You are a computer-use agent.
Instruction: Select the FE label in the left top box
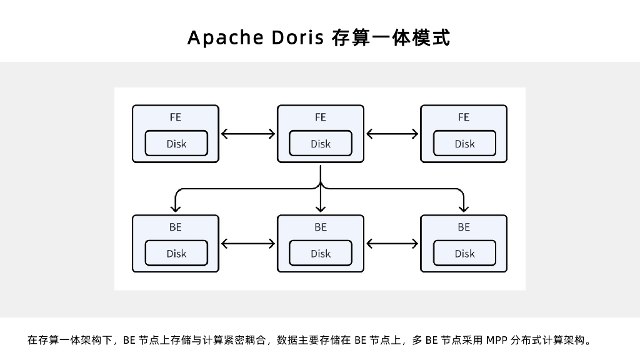pyautogui.click(x=176, y=117)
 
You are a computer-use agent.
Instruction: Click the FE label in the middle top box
pyautogui.click(x=320, y=117)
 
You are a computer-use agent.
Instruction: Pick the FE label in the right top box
pyautogui.click(x=464, y=117)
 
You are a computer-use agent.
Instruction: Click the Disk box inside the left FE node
pyautogui.click(x=176, y=144)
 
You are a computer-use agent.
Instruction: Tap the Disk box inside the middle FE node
pyautogui.click(x=321, y=144)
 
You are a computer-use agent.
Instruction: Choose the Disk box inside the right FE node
pyautogui.click(x=464, y=144)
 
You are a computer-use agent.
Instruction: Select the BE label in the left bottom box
pyautogui.click(x=176, y=227)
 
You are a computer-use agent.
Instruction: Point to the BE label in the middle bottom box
pyautogui.click(x=320, y=227)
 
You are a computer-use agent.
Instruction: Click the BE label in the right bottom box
pyautogui.click(x=464, y=227)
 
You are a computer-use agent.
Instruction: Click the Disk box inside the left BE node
pyautogui.click(x=176, y=253)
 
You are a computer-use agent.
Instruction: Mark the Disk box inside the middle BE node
pyautogui.click(x=321, y=253)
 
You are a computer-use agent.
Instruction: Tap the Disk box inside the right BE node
pyautogui.click(x=464, y=253)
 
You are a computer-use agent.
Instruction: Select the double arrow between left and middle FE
pyautogui.click(x=248, y=133)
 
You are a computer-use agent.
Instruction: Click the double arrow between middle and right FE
pyautogui.click(x=392, y=133)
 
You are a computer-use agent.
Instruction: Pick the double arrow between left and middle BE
pyautogui.click(x=248, y=243)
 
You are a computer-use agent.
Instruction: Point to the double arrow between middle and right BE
pyautogui.click(x=392, y=243)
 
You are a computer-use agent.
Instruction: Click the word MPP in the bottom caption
pyautogui.click(x=497, y=341)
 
